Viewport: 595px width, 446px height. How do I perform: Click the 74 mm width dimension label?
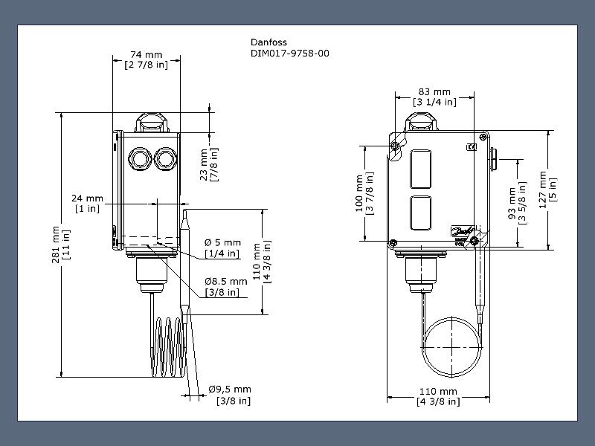pos(146,59)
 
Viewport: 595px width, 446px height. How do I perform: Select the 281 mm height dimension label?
pos(61,245)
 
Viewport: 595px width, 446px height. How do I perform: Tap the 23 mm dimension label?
pos(209,164)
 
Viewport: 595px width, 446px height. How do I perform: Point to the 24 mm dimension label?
pos(87,203)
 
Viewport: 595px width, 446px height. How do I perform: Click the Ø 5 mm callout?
pos(222,248)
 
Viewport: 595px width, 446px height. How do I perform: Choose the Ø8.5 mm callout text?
pos(226,287)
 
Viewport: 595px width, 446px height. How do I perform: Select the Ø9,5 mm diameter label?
pos(230,395)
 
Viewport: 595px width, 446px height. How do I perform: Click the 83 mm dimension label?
pos(434,97)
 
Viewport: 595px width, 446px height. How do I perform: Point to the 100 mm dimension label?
pos(364,193)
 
